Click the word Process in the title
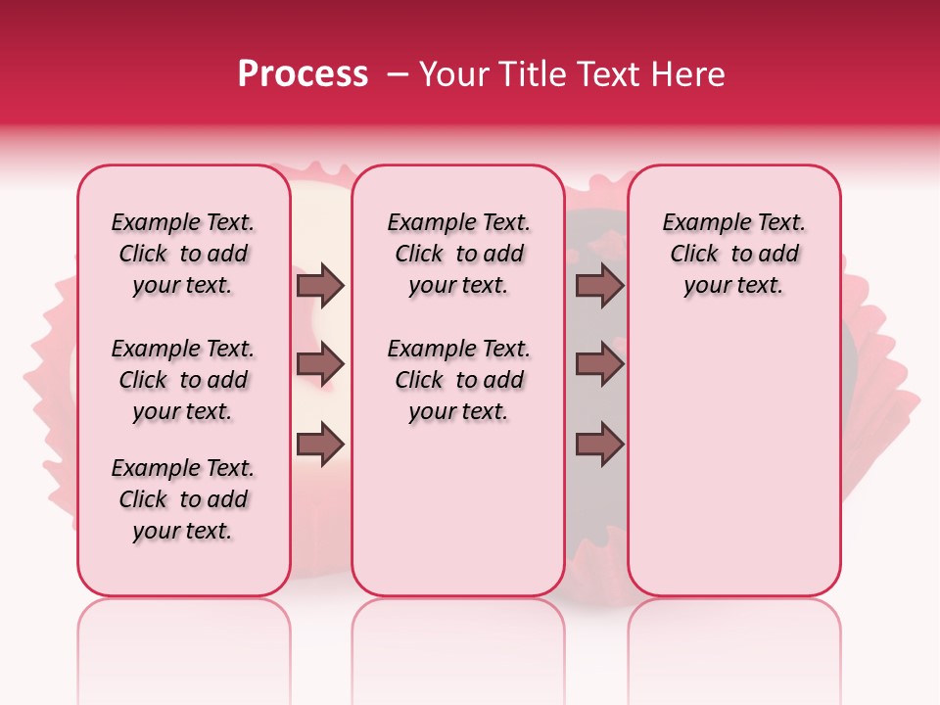303,74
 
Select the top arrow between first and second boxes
320,286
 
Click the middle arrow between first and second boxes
320,365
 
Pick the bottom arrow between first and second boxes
320,445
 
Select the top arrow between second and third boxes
599,286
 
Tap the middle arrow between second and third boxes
599,365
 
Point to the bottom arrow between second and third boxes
599,445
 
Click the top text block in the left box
183,254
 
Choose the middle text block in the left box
183,380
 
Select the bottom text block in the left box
183,499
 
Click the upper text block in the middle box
458,254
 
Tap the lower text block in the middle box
458,380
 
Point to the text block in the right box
734,254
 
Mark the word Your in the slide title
448,74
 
